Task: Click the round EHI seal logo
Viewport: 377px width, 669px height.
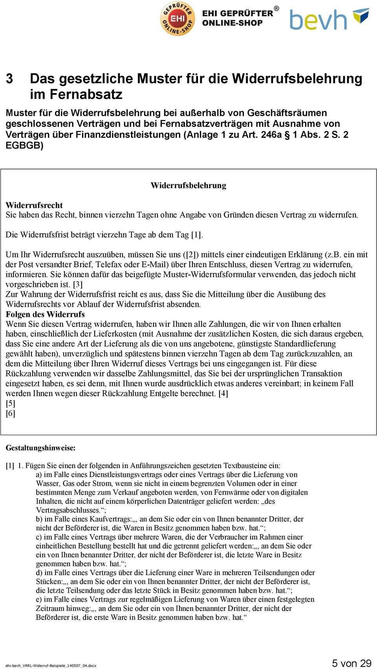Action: click(178, 18)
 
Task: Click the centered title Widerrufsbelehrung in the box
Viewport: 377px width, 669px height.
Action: click(188, 185)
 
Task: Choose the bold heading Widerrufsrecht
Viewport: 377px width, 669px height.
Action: click(34, 205)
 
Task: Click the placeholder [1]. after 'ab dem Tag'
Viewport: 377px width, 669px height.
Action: click(197, 235)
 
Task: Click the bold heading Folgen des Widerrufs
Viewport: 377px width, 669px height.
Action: click(45, 314)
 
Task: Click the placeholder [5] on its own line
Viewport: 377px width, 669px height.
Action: click(10, 403)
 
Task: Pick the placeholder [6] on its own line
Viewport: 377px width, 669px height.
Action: click(10, 413)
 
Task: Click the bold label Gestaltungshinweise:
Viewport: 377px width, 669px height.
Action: click(40, 447)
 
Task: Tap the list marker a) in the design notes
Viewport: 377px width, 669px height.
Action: click(39, 475)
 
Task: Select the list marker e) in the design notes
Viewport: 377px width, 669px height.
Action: click(39, 599)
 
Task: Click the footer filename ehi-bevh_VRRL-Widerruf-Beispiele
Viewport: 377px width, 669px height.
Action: click(51, 665)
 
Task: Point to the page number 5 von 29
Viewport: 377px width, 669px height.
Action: click(351, 663)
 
